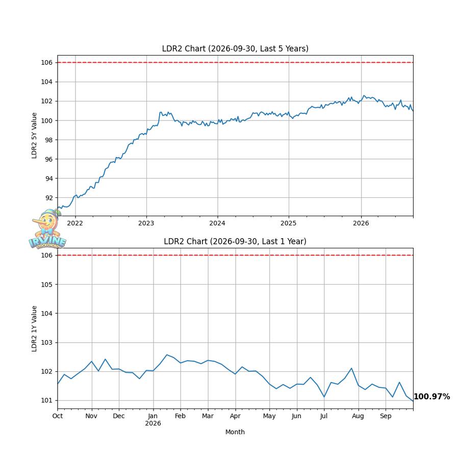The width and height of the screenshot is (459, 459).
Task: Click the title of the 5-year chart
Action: [x=235, y=48]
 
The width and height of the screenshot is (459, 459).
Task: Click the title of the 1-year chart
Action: [x=235, y=241]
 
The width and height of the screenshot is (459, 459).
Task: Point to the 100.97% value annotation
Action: [x=431, y=396]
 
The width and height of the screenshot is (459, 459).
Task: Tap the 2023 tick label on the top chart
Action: [x=146, y=223]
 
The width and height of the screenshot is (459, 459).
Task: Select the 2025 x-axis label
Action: [x=288, y=223]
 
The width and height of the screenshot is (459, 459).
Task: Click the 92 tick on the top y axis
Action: [x=49, y=198]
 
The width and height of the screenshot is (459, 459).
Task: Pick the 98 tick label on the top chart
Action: [x=49, y=140]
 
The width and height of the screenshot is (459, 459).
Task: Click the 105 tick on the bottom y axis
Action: [x=47, y=285]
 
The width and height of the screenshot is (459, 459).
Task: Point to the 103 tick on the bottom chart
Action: [x=47, y=343]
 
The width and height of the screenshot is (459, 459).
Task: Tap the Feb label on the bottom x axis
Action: [x=181, y=416]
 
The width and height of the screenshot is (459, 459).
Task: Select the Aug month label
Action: [x=358, y=416]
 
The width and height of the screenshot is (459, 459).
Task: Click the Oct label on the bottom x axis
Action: [x=58, y=416]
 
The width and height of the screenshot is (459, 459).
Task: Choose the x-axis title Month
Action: [x=235, y=432]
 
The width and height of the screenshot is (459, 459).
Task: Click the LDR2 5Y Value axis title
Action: [x=34, y=136]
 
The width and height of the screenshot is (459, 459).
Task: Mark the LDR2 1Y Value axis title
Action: [x=34, y=328]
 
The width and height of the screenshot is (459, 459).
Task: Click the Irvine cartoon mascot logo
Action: [x=47, y=229]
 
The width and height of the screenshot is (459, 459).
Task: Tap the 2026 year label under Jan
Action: [x=153, y=423]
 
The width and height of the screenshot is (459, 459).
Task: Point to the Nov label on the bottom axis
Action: [x=91, y=416]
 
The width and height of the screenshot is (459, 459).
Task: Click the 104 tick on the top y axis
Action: [x=47, y=82]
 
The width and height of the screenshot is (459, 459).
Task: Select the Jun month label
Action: [x=296, y=416]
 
